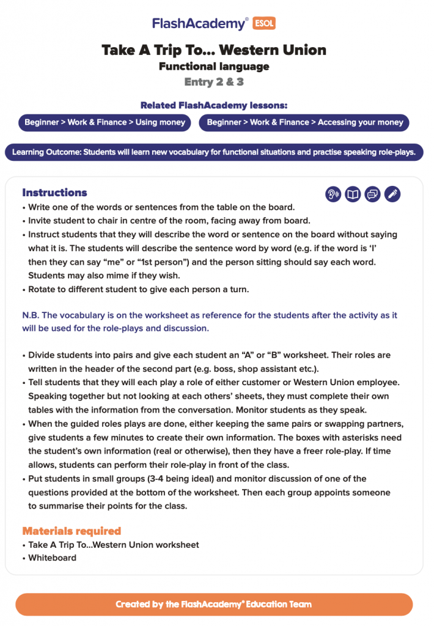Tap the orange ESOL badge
263,24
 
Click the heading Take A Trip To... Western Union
214,50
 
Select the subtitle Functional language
214,66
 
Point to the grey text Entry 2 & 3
214,82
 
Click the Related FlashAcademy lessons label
214,105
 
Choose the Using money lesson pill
105,122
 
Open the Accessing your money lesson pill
304,122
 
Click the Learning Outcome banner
214,152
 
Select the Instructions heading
54,193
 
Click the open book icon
353,194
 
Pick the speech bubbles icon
372,194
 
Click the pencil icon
392,194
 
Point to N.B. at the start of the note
30,315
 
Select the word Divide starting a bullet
42,355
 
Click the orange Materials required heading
72,531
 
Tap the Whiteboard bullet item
52,558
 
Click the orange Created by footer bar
214,604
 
